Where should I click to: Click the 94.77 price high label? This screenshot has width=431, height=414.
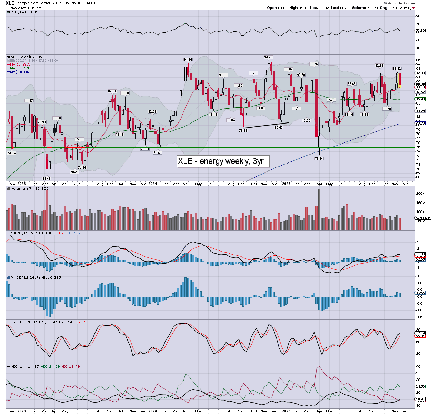[x=268, y=57]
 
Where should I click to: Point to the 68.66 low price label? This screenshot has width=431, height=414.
[x=47, y=179]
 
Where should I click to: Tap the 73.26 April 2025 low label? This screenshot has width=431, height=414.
[x=319, y=159]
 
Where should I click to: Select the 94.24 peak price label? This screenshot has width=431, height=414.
[x=188, y=60]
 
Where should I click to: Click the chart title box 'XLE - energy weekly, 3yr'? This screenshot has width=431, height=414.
[x=223, y=161]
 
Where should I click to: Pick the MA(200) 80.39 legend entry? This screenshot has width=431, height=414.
[x=21, y=72]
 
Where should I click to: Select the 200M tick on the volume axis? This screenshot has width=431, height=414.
[x=421, y=194]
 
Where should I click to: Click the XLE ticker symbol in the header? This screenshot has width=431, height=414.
[x=10, y=3]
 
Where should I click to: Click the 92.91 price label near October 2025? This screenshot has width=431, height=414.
[x=379, y=66]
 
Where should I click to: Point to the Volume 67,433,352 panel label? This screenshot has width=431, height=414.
[x=29, y=189]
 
